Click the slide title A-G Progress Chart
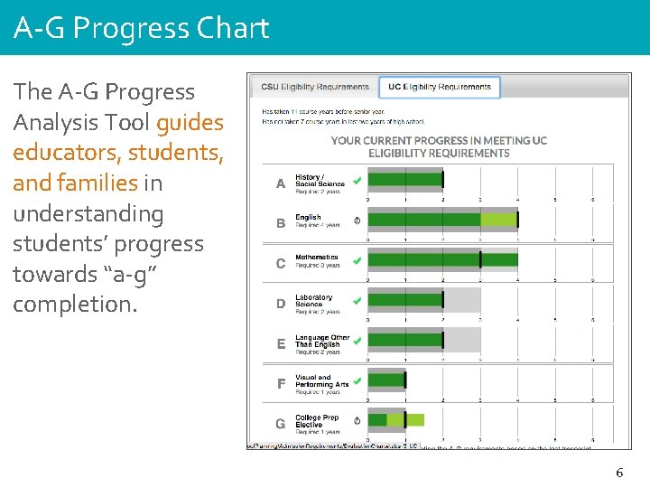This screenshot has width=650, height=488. [142, 28]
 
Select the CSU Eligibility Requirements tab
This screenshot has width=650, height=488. [315, 88]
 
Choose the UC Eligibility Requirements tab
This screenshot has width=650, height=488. [439, 88]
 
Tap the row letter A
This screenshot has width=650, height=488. [281, 183]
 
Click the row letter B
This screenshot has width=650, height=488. [281, 223]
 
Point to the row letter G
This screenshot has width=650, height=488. [281, 424]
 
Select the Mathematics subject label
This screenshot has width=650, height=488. [317, 258]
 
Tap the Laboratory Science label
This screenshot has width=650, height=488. [313, 301]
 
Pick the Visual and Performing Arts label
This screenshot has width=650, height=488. [321, 381]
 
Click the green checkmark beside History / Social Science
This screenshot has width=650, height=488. [357, 180]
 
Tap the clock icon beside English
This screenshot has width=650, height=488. [357, 220]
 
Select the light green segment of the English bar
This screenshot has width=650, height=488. [498, 220]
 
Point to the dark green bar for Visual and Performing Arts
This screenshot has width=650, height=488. [386, 380]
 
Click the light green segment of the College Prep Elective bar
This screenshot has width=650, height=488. [414, 419]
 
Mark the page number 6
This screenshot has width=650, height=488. [619, 473]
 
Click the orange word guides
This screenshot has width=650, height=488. [190, 122]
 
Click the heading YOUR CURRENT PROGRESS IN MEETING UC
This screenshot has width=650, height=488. [439, 140]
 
